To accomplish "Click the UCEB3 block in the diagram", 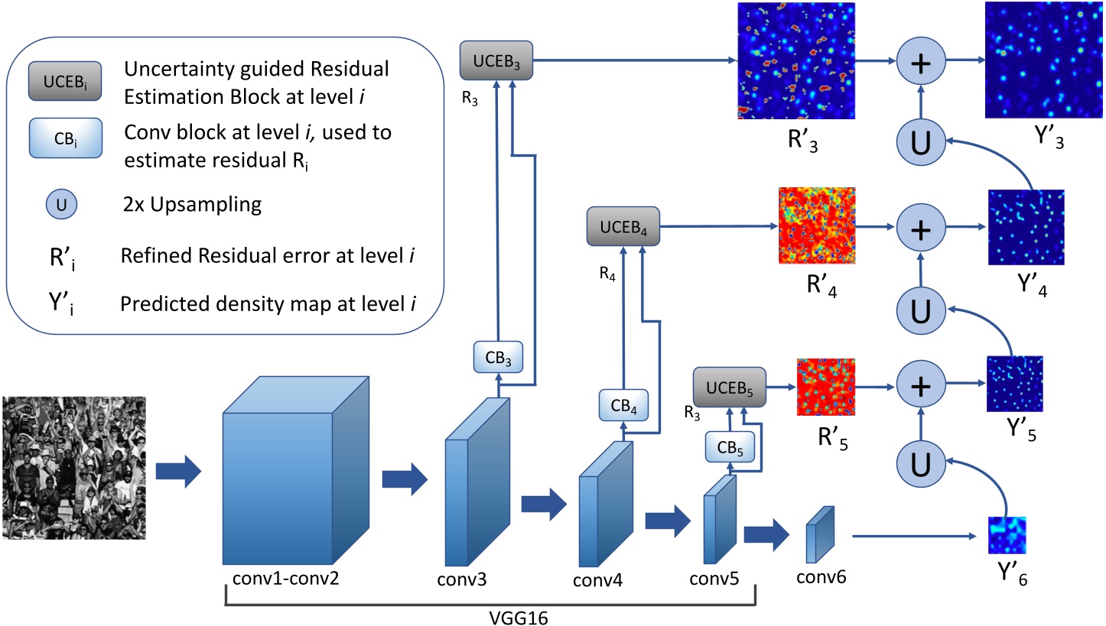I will click(x=496, y=60).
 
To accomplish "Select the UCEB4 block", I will click(x=623, y=226).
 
